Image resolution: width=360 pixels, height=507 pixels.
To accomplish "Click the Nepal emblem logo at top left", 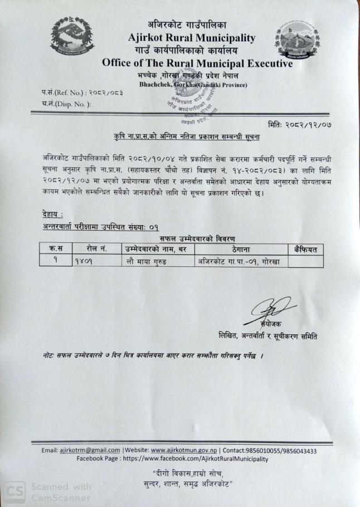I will pos(71,37).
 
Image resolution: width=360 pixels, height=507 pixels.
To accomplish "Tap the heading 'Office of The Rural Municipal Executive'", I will pos(197,64).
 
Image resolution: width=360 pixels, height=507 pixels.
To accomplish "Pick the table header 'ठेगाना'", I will pos(241,248).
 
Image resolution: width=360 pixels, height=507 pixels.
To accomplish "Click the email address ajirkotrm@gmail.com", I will pos(91,451).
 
